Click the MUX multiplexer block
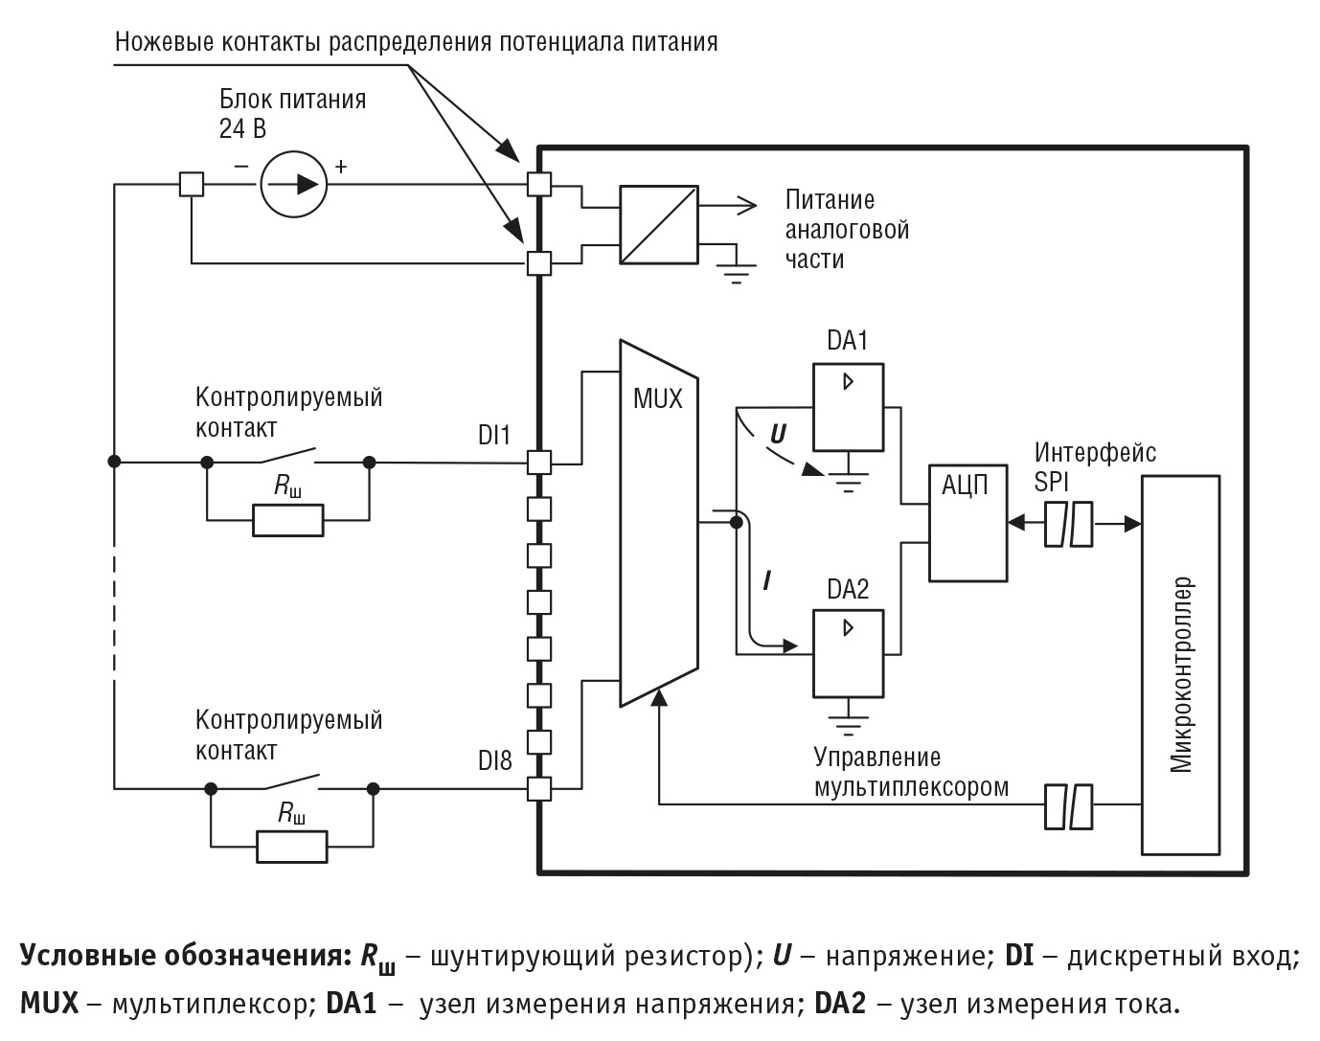point(659,522)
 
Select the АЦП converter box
point(967,523)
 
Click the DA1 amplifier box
point(849,406)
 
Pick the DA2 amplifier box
point(849,653)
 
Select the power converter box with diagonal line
point(659,223)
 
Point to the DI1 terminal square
point(540,463)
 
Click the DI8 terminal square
point(540,789)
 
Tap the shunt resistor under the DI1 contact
point(288,520)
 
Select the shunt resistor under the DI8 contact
point(291,847)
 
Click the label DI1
point(494,436)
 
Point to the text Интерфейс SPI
point(1094,466)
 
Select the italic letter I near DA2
point(766,581)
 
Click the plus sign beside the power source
point(340,167)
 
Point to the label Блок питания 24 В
point(291,113)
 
